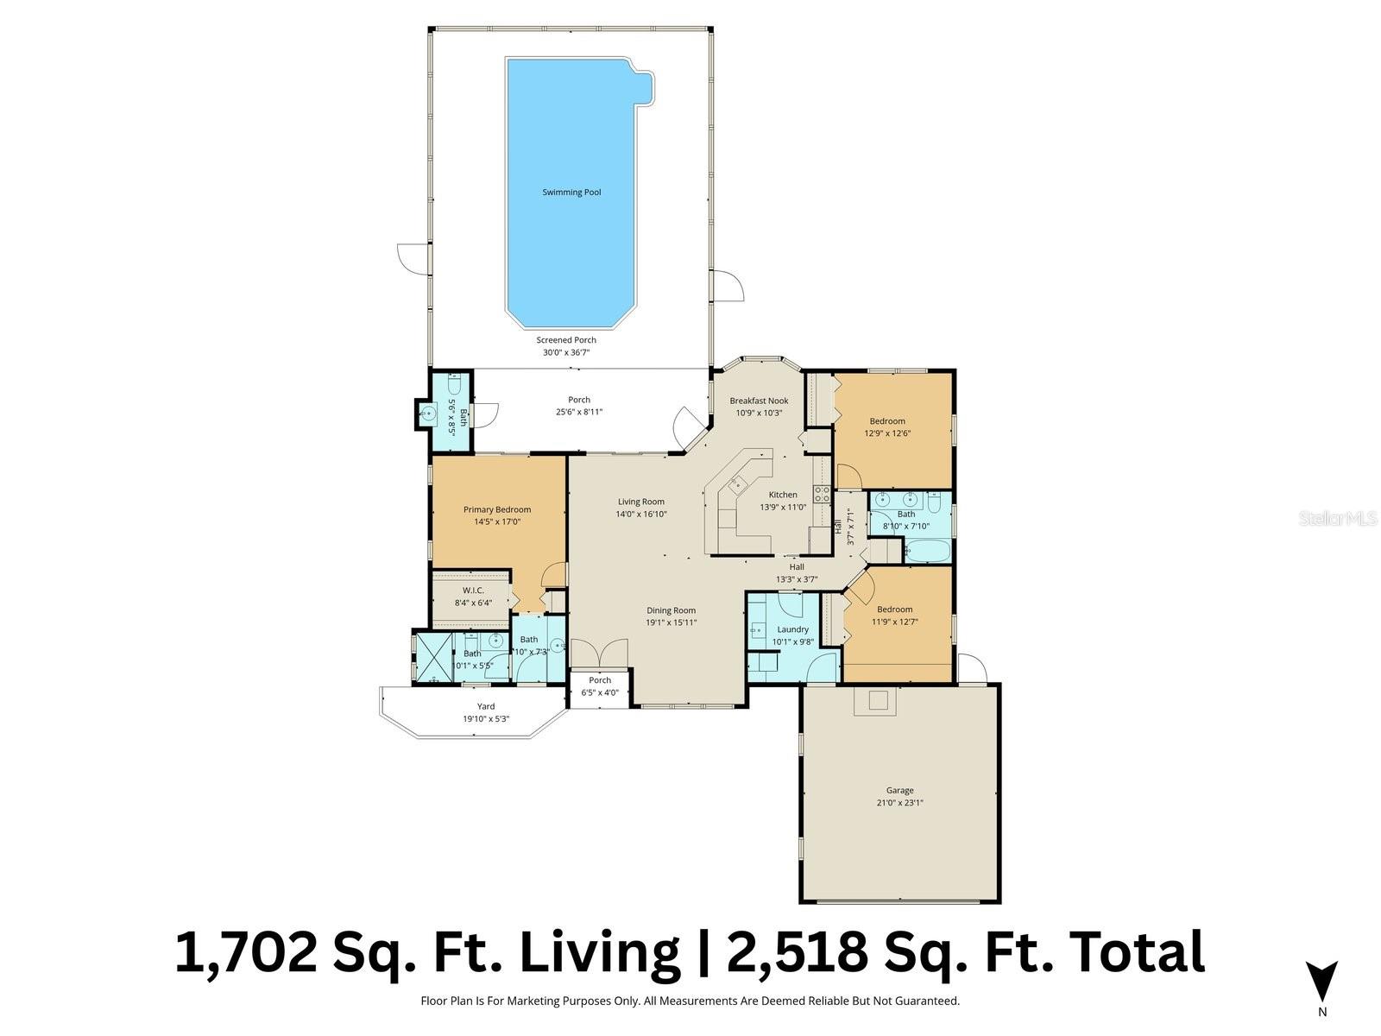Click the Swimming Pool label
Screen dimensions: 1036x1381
(x=571, y=193)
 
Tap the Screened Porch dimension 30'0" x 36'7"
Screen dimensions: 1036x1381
(x=566, y=352)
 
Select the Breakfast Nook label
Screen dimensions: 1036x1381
(x=759, y=401)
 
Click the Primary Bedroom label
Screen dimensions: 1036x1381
(x=497, y=509)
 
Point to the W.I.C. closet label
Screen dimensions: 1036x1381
(x=472, y=591)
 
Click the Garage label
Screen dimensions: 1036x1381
(x=899, y=790)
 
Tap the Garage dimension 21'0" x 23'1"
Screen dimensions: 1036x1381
(x=899, y=802)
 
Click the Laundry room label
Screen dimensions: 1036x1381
(x=792, y=629)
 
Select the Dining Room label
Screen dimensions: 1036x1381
(x=671, y=610)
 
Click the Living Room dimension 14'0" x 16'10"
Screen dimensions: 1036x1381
(x=640, y=514)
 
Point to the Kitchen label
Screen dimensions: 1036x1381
(x=783, y=495)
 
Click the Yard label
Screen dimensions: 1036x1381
(x=486, y=706)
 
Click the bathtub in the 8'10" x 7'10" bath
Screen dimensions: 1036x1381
(x=927, y=550)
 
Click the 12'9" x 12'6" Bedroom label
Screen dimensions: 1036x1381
(x=887, y=421)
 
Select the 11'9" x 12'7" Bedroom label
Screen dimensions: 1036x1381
(x=894, y=610)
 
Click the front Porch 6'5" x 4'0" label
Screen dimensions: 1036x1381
(x=600, y=680)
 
